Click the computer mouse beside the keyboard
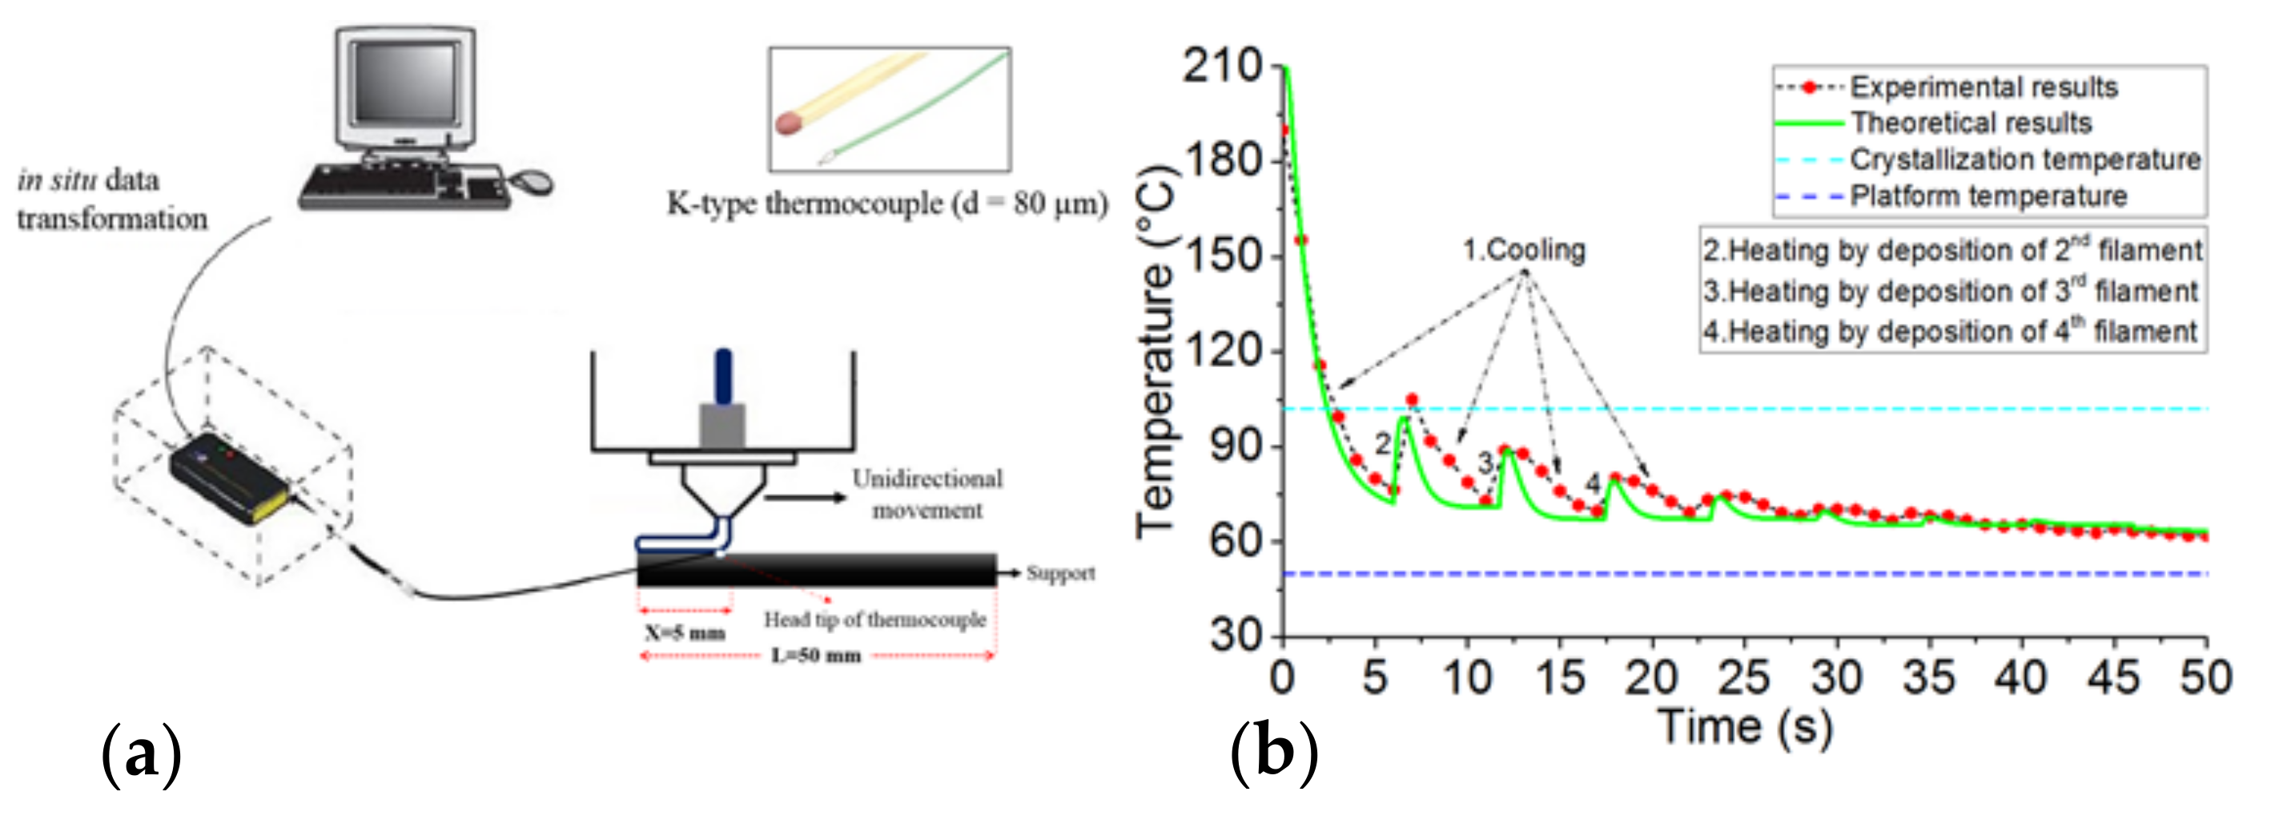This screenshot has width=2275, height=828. click(533, 181)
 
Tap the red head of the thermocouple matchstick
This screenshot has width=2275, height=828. click(789, 123)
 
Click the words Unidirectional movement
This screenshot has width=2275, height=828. click(926, 494)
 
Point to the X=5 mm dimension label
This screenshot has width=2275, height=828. click(685, 632)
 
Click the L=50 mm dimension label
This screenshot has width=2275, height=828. click(816, 656)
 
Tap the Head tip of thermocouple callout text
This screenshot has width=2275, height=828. click(874, 620)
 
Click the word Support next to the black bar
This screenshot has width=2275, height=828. click(1059, 573)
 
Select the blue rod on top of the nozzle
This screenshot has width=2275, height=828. click(723, 376)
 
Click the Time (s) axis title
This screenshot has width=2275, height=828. click(1745, 726)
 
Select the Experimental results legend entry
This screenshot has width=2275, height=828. click(1982, 87)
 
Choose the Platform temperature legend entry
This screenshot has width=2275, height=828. click(1987, 196)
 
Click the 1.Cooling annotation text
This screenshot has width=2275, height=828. click(1523, 250)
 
